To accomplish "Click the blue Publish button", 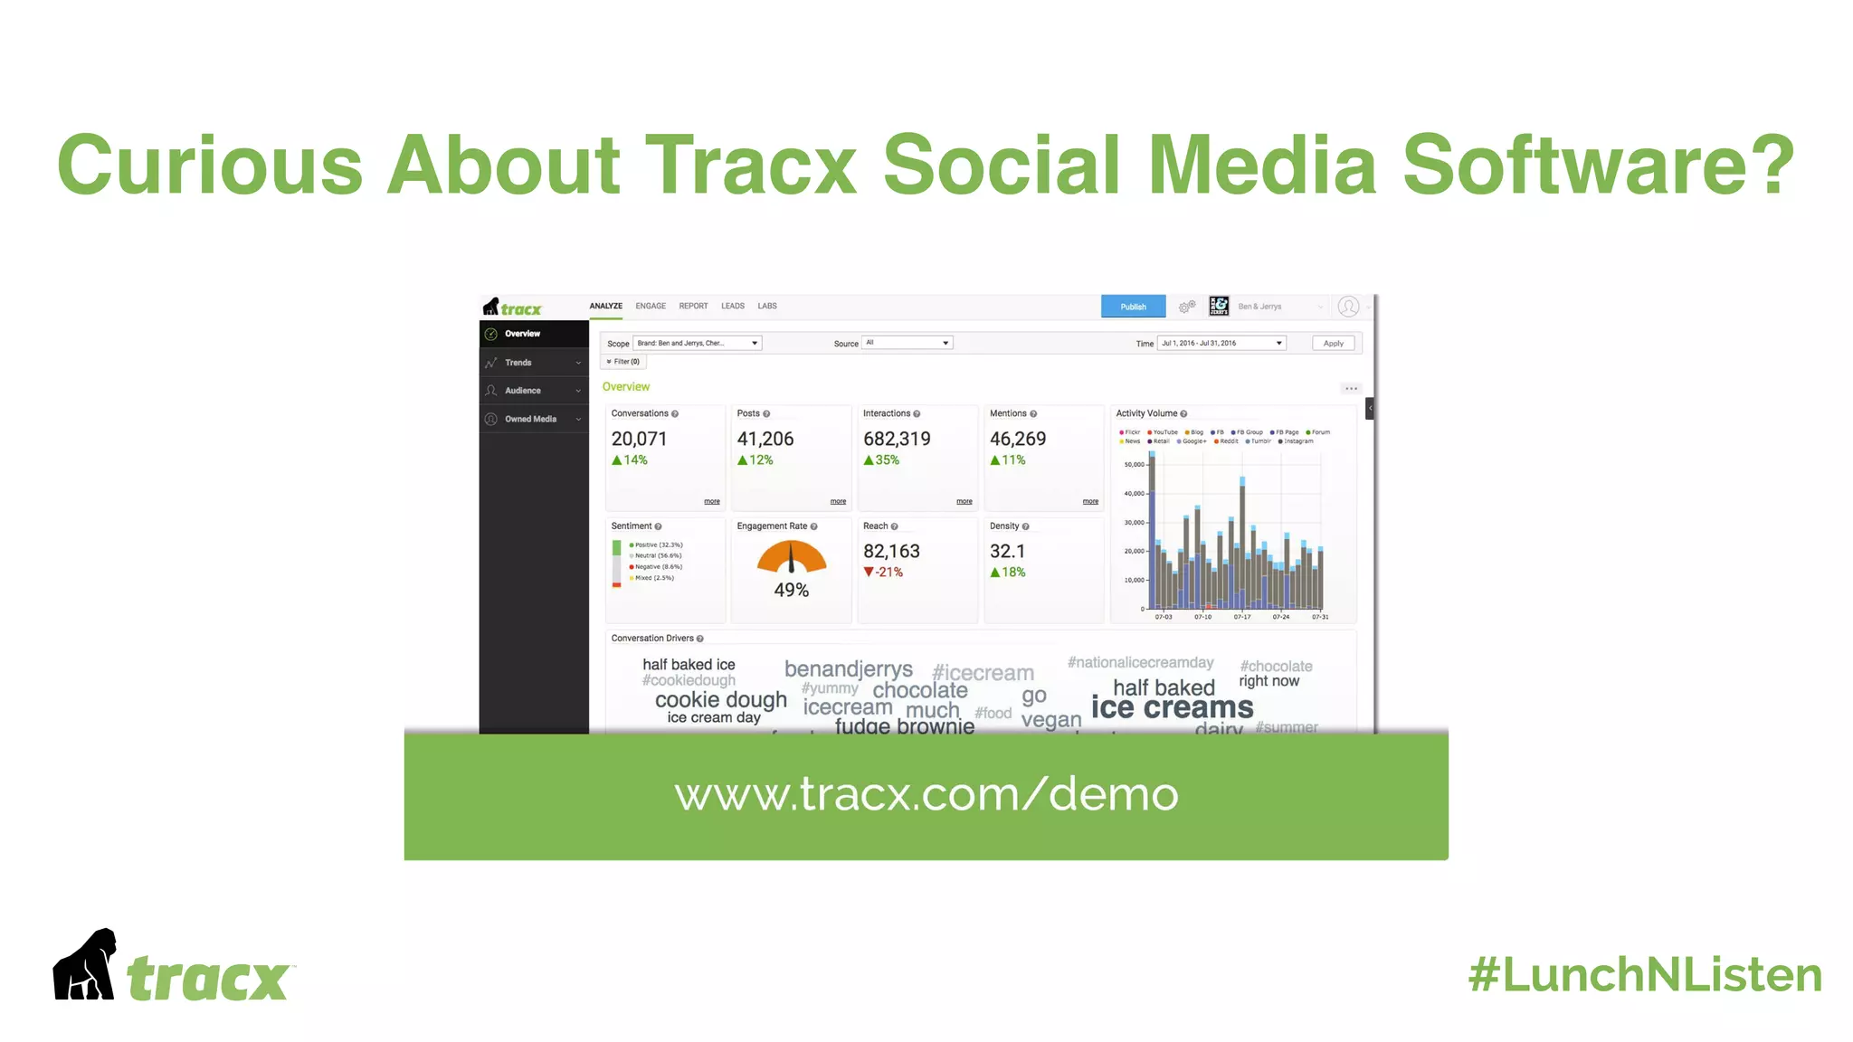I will click(x=1133, y=307).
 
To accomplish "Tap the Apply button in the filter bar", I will click(x=1333, y=344).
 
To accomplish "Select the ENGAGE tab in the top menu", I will click(x=650, y=307).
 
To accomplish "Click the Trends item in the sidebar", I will click(x=518, y=363).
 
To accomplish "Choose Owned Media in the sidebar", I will click(x=530, y=420).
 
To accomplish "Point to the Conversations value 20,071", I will click(x=639, y=440).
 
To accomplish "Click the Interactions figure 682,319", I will click(x=896, y=440).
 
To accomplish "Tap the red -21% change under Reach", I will click(x=884, y=573).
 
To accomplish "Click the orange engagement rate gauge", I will click(x=792, y=557).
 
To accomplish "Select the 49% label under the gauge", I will click(x=791, y=591).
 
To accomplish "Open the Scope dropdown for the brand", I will click(x=697, y=344).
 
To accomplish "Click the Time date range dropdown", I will click(x=1221, y=344).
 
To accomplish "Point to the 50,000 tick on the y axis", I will click(x=1134, y=465).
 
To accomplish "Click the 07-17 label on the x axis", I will click(x=1241, y=617).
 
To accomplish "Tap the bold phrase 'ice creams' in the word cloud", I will click(x=1172, y=707).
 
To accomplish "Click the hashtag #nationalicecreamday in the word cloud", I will click(x=1140, y=663).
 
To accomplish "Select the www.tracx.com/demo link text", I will click(x=926, y=794).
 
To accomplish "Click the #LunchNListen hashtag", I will click(x=1644, y=975).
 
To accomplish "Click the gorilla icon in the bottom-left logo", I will click(x=85, y=965).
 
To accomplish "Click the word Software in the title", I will click(x=1597, y=165).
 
